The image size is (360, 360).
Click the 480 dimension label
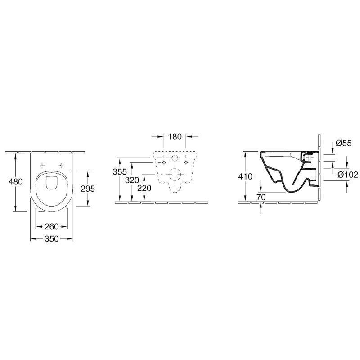[15, 182]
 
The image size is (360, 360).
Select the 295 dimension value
[88, 189]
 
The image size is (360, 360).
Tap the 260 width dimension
[52, 227]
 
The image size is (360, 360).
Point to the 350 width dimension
[52, 239]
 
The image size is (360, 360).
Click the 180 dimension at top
[175, 137]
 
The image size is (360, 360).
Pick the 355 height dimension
[120, 172]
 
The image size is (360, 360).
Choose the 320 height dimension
[132, 180]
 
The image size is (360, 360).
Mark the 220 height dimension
[144, 188]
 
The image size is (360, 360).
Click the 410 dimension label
[245, 176]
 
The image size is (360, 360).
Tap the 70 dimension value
[261, 197]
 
